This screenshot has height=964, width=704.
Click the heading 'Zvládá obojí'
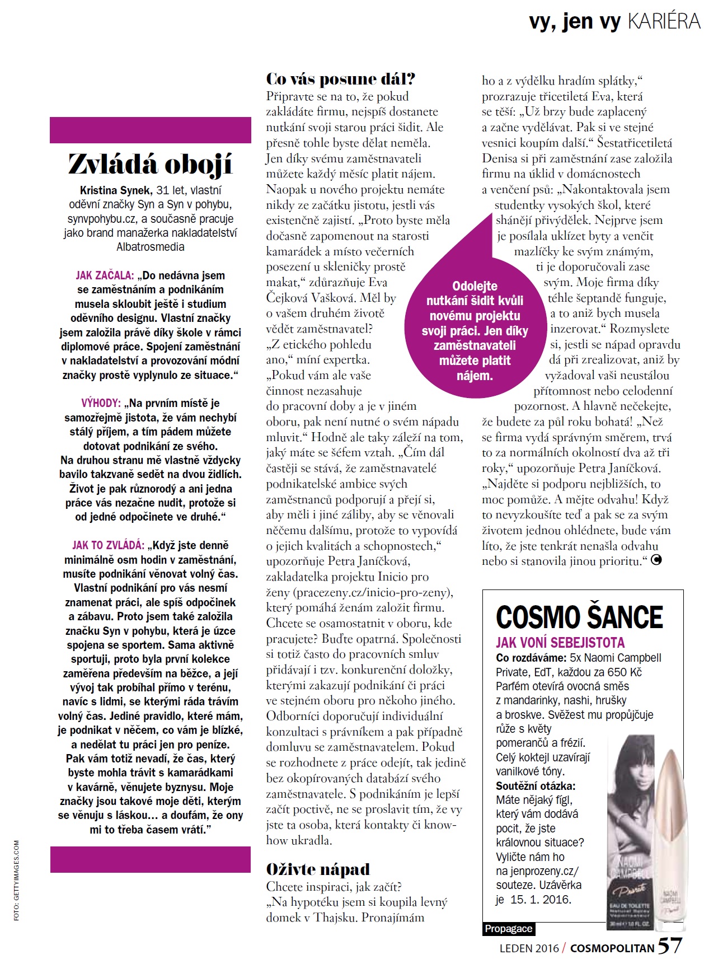coord(150,165)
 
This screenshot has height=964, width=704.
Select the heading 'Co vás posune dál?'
coord(340,79)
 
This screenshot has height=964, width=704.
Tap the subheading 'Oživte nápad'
coord(318,869)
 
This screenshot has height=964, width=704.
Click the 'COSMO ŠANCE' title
coord(579,617)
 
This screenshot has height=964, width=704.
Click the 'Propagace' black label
coord(509,929)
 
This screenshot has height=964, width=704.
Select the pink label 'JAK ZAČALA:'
coord(105,275)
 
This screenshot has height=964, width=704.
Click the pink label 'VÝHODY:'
coord(101,403)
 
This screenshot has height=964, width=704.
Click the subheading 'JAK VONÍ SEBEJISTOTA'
coord(560,643)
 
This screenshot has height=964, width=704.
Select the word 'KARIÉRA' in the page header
coord(664,21)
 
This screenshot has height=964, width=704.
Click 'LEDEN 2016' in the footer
coord(529,948)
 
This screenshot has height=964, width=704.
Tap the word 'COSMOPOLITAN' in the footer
coord(612,948)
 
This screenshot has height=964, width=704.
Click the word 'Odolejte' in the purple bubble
coord(475,286)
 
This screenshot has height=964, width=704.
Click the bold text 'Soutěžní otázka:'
coord(536,785)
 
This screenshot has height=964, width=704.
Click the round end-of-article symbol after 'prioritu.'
coord(656,560)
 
